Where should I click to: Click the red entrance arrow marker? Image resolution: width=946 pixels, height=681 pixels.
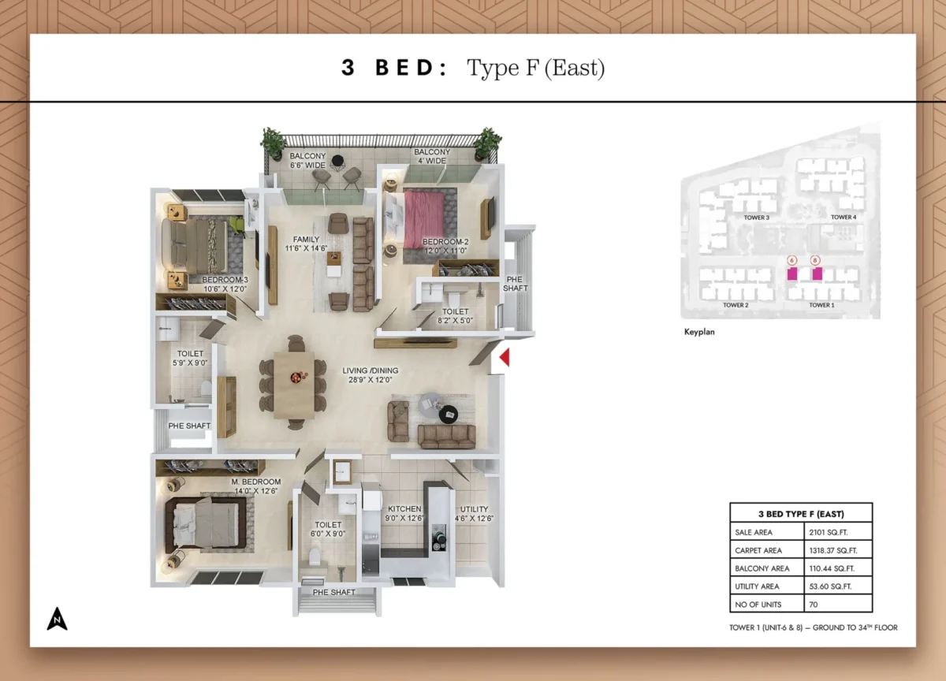505,358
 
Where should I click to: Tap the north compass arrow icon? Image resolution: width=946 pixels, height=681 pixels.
57,619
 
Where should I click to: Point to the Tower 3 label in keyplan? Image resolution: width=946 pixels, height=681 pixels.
757,217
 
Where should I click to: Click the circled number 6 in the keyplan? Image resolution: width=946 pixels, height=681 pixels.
792,259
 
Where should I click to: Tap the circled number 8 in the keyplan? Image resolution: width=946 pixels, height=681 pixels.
815,259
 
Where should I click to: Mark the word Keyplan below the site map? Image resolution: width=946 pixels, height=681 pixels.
699,333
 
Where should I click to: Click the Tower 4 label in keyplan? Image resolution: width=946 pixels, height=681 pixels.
843,217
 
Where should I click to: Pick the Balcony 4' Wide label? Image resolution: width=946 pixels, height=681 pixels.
432,156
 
